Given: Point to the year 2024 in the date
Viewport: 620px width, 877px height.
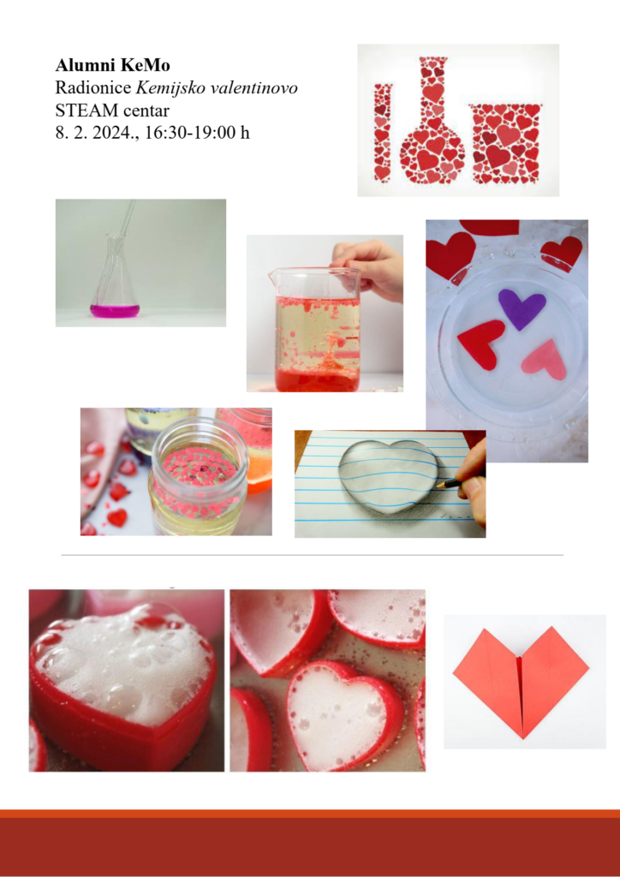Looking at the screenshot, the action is [109, 134].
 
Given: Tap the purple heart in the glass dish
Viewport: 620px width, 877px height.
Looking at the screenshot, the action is [522, 308].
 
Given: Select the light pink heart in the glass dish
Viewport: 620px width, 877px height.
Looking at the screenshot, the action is [545, 359].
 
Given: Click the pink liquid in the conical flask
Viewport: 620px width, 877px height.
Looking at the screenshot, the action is [115, 311].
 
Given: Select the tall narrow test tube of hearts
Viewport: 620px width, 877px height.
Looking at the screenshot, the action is [383, 133].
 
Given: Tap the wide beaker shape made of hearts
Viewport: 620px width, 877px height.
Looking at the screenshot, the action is [505, 144].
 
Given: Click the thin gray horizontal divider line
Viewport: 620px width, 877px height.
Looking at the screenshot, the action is [312, 555].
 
